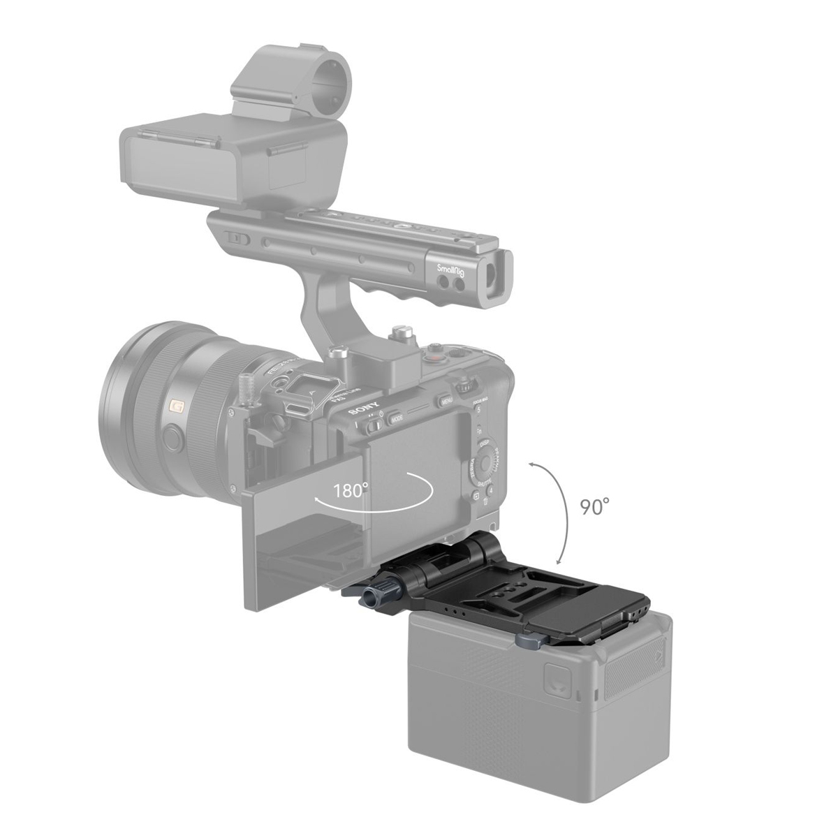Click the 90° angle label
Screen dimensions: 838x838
pyautogui.click(x=595, y=506)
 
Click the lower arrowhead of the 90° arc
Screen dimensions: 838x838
pyautogui.click(x=559, y=562)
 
